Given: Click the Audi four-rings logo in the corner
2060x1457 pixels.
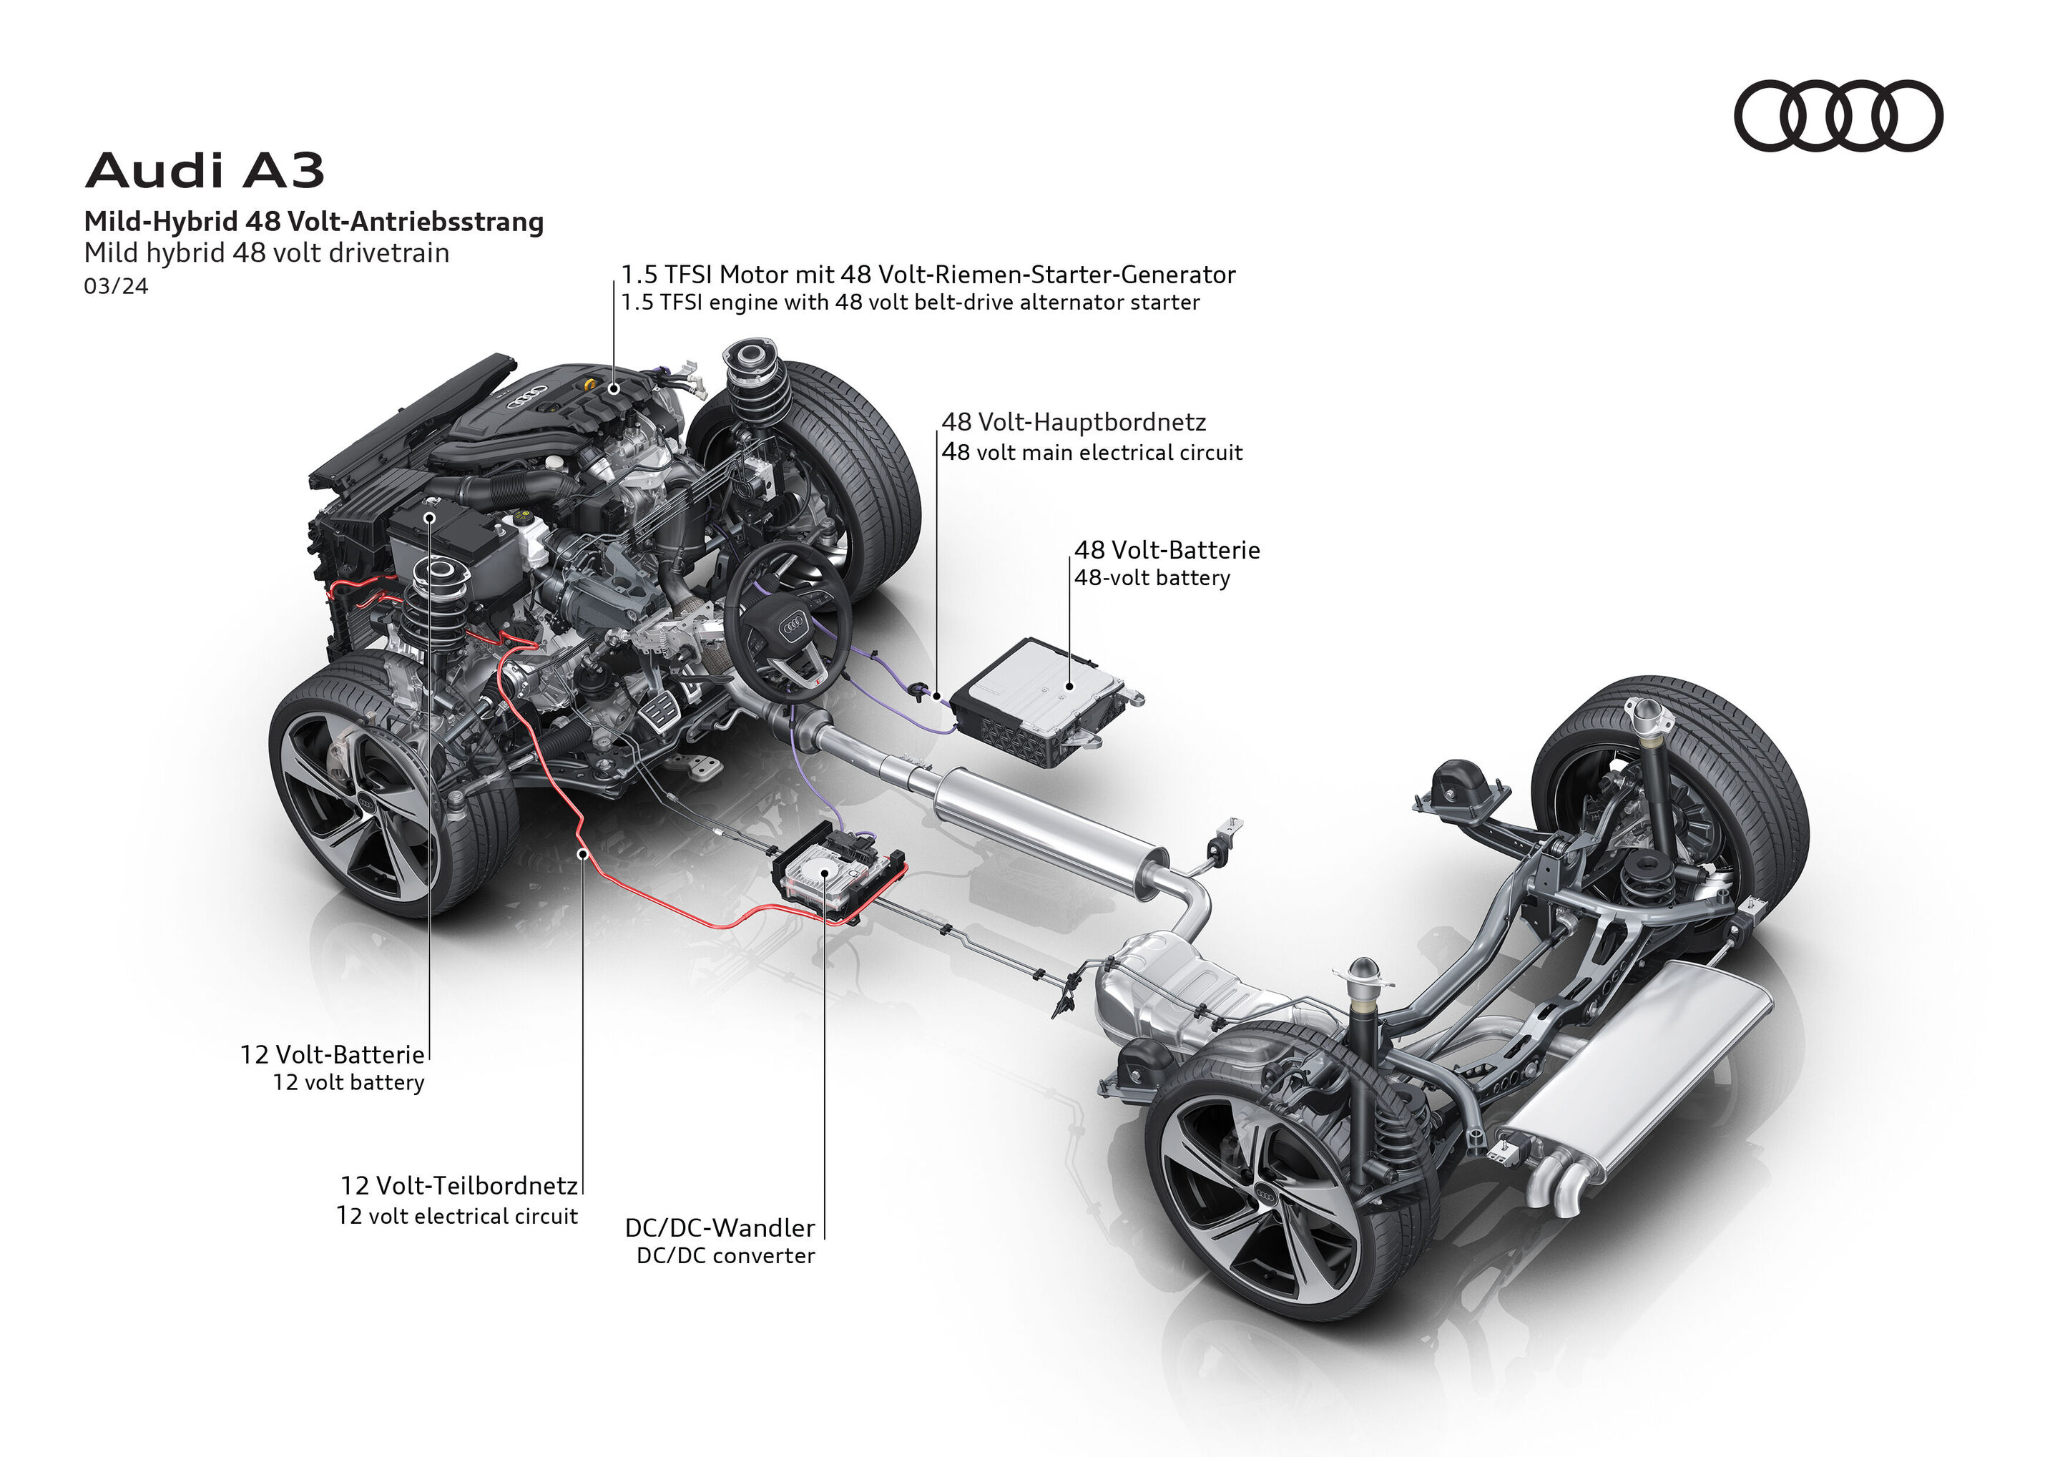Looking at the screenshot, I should click(1838, 116).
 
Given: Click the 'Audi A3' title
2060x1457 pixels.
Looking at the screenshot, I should click(204, 170).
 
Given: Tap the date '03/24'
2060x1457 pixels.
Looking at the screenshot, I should click(116, 286).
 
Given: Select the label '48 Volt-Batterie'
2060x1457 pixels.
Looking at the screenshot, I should click(1167, 550).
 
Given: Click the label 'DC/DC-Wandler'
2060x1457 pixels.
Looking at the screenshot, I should click(720, 1227).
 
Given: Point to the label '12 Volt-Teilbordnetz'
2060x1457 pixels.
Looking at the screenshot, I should click(458, 1186).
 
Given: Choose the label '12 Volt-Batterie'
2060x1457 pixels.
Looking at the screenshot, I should click(332, 1054).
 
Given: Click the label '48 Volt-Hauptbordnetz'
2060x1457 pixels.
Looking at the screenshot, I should click(1073, 422).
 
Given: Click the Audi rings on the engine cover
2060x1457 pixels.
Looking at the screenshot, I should click(528, 396).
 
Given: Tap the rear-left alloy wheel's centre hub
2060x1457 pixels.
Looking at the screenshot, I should click(1266, 1192).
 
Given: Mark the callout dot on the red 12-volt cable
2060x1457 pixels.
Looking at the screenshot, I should click(582, 853).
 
